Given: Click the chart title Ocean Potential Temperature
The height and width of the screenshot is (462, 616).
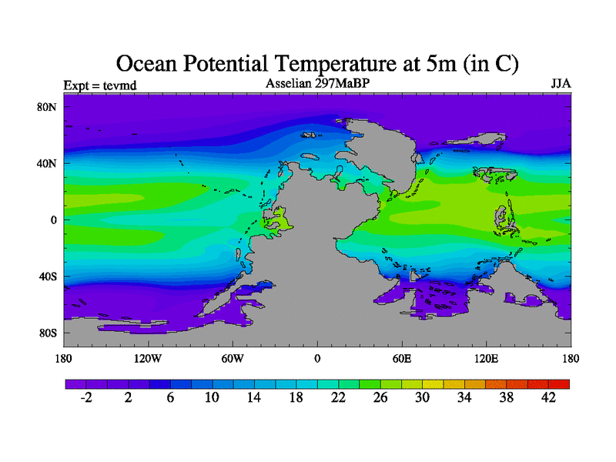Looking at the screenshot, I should coord(316,63).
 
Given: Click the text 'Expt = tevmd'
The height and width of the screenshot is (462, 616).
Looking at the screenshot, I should coord(100,85).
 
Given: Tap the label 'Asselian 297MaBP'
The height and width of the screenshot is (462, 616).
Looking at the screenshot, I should coord(317,83).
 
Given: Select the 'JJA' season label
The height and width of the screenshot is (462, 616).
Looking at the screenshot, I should coord(561,83).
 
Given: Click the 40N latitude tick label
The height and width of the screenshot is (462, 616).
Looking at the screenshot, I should coord(48,163).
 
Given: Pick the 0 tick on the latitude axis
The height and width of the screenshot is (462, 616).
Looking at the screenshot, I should coord(55,219).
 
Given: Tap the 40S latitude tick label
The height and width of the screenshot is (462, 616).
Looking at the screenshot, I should coord(48,276).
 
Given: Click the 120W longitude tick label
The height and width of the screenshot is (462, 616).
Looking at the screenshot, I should coord(148,359).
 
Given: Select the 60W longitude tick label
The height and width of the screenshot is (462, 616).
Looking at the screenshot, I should coord(233,359).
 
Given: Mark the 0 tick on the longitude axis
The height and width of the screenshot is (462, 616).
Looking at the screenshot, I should coord(317,359).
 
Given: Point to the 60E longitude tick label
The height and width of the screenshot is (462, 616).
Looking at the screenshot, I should coord(401,359).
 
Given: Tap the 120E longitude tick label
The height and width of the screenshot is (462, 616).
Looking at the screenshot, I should coord(486,359).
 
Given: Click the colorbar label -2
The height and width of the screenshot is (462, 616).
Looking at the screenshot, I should coord(86,397).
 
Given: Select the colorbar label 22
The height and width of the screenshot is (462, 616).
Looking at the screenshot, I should coord(338,397).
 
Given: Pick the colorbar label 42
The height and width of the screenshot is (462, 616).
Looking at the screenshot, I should coord(548,397).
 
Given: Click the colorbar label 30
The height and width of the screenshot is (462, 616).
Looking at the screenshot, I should coord(422,397).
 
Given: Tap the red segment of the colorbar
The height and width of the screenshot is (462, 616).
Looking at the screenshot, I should coord(559,383).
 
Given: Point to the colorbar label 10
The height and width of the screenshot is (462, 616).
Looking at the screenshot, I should coord(212,397).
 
